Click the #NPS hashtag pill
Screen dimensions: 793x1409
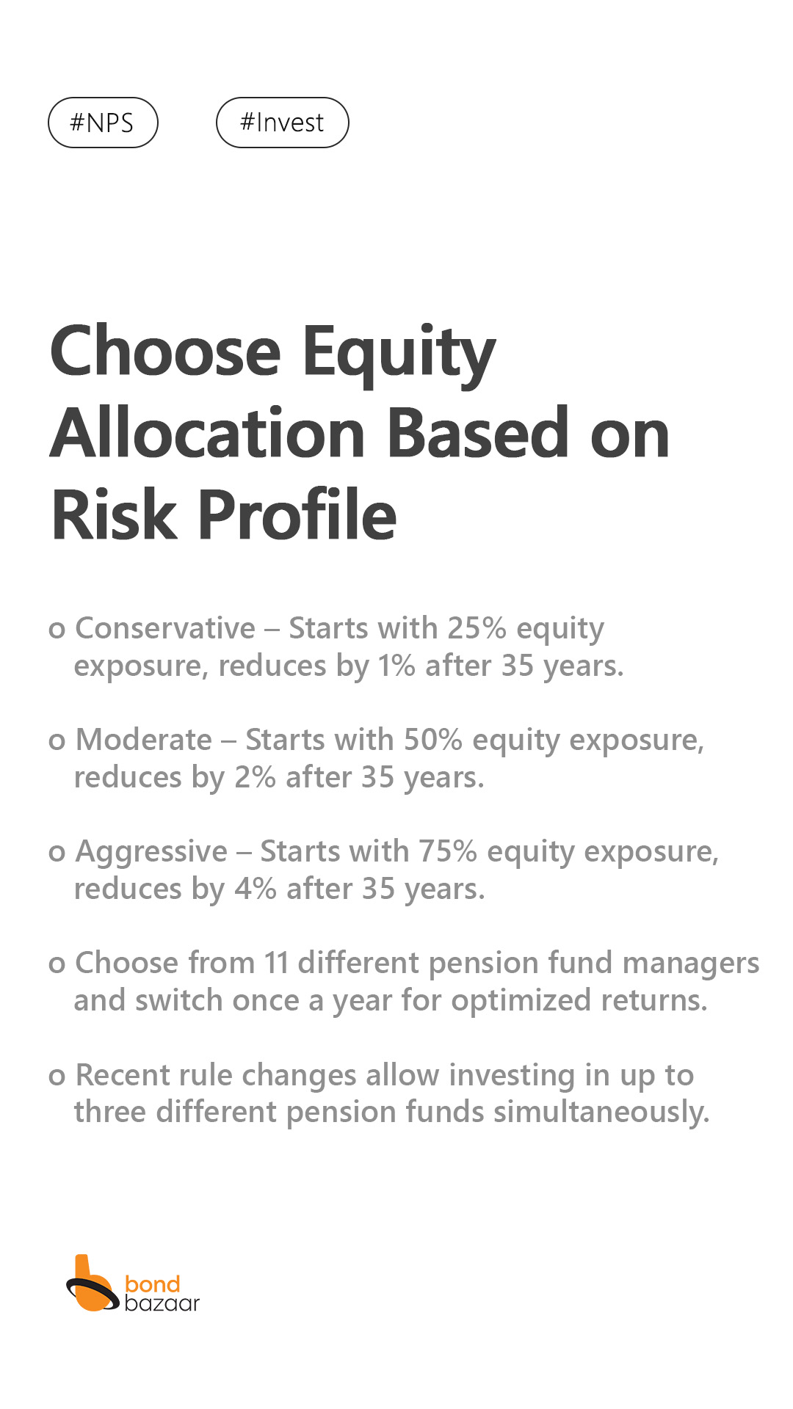tap(103, 123)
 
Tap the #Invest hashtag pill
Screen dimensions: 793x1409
tap(283, 123)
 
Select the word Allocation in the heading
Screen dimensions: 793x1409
tap(207, 433)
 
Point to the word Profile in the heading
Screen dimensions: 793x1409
tap(297, 514)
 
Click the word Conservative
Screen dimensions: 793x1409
tap(165, 628)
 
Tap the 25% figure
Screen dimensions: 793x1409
tap(477, 628)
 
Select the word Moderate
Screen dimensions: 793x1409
tap(144, 740)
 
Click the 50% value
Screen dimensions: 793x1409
tap(433, 740)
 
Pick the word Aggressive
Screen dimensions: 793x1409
tap(151, 853)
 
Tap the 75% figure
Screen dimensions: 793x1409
tap(448, 851)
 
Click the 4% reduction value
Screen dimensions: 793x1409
tap(256, 889)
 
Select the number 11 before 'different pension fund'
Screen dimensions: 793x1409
tap(276, 963)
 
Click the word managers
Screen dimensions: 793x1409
tap(691, 964)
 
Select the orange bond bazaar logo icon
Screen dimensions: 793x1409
tap(93, 1284)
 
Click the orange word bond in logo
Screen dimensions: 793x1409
tap(153, 1284)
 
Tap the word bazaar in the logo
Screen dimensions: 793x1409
tap(162, 1303)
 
